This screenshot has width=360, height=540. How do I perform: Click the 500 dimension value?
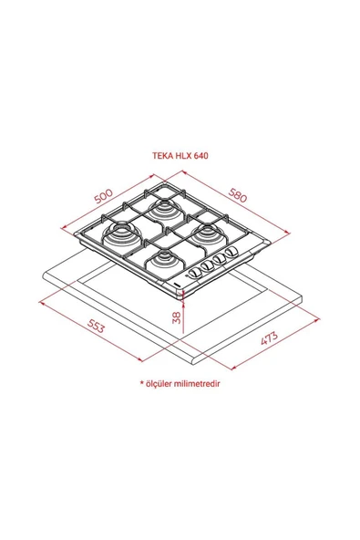point(101,197)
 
